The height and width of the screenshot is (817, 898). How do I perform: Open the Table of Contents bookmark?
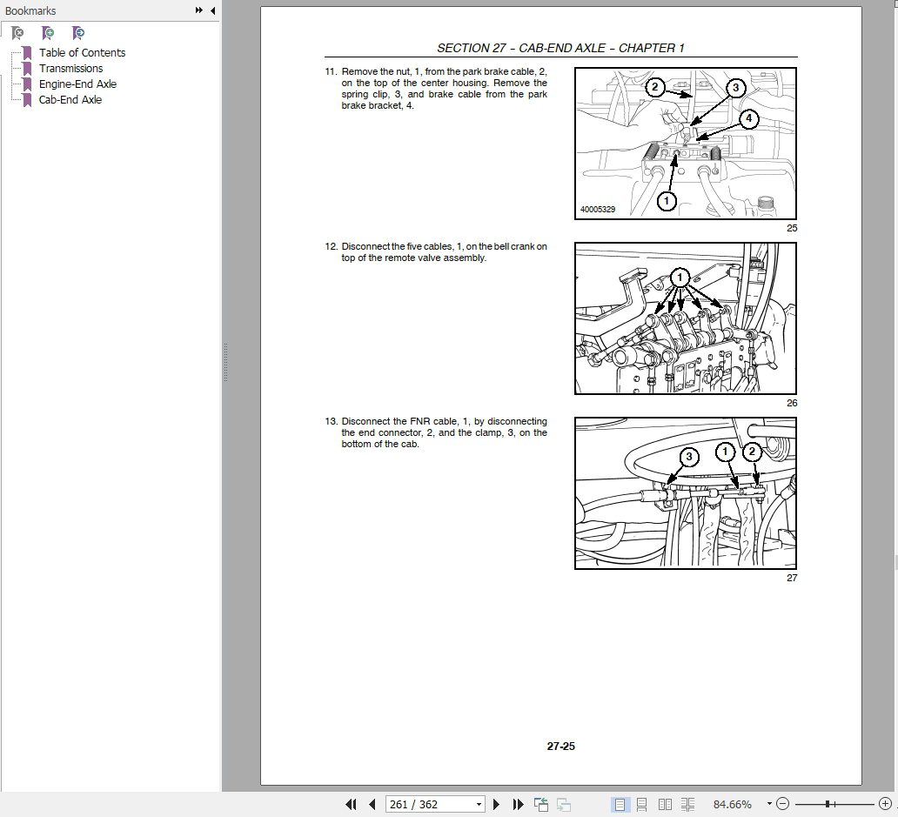click(x=82, y=53)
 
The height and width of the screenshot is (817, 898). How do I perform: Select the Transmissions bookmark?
click(x=70, y=69)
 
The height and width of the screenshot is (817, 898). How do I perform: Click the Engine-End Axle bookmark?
click(x=77, y=84)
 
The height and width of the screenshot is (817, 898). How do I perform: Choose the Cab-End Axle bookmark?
click(x=70, y=100)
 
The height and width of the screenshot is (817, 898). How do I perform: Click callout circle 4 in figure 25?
click(x=748, y=119)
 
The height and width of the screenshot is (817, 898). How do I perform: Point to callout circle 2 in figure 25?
click(x=655, y=87)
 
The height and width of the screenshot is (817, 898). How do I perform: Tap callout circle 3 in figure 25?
click(x=735, y=87)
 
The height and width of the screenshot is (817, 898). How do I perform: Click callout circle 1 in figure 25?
click(x=666, y=201)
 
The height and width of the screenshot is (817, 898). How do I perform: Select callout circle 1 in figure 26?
click(x=680, y=277)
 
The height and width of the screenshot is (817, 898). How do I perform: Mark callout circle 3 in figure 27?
click(x=688, y=457)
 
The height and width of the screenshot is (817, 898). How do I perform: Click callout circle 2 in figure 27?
click(x=752, y=452)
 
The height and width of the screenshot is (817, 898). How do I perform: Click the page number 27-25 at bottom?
click(x=560, y=746)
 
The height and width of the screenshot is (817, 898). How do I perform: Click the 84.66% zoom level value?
click(x=731, y=804)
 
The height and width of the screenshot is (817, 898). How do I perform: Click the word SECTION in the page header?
click(x=465, y=49)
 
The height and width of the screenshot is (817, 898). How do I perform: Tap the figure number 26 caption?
click(x=791, y=403)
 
